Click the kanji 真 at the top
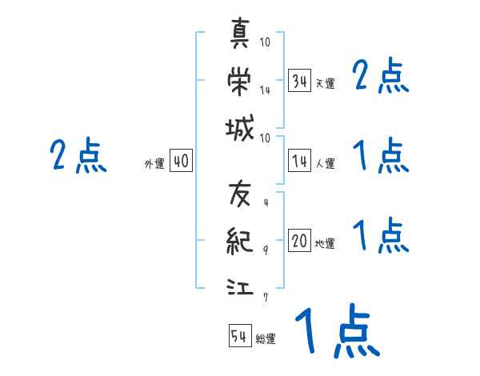(240, 33)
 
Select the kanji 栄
(240, 81)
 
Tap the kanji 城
(240, 128)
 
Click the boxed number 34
(299, 81)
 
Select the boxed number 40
(181, 162)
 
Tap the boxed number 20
(299, 241)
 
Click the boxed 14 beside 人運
(299, 162)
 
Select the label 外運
(154, 164)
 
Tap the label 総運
(266, 339)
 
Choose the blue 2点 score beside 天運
(381, 77)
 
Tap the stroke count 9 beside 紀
(266, 250)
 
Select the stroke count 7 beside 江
(266, 297)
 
